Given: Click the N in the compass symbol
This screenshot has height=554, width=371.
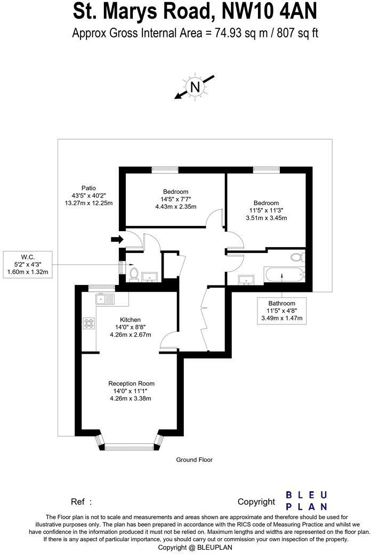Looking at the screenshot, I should click(195, 87).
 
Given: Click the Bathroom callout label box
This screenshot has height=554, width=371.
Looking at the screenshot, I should click(282, 311).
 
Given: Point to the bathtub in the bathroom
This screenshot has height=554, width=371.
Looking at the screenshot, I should click(285, 276).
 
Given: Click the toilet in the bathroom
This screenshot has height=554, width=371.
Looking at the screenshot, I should click(296, 257).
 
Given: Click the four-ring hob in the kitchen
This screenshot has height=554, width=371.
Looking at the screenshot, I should click(88, 323).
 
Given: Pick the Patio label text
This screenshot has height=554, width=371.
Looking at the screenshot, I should click(88, 188).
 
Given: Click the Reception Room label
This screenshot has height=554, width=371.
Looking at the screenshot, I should click(131, 384).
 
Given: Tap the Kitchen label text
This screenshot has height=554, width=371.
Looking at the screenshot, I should click(131, 320).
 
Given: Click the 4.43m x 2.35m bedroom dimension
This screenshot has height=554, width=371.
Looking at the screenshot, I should click(176, 207).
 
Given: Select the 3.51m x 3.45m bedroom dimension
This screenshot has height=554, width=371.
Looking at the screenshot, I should click(266, 218).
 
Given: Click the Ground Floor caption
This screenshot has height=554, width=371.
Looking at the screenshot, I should click(194, 460).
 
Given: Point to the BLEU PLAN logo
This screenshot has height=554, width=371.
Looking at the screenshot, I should click(307, 501).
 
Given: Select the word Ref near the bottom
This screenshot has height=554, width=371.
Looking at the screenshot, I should click(78, 502).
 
